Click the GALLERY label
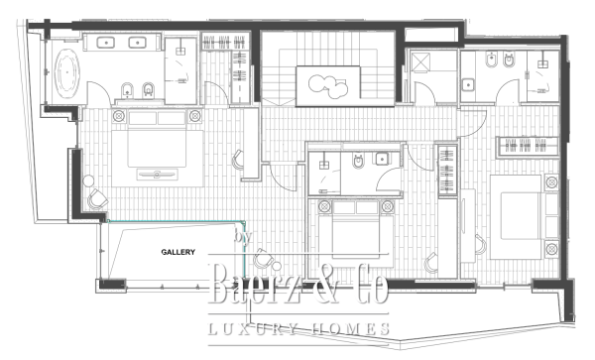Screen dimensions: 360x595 pos(178,252)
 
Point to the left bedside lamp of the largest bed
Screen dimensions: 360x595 pos(120,116)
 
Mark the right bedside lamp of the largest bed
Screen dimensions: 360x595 pos(189,116)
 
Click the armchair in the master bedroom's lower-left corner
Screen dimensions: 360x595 pos(96,198)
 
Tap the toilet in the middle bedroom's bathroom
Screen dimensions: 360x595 pos(357,162)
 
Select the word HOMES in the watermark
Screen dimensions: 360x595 pos(347,329)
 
